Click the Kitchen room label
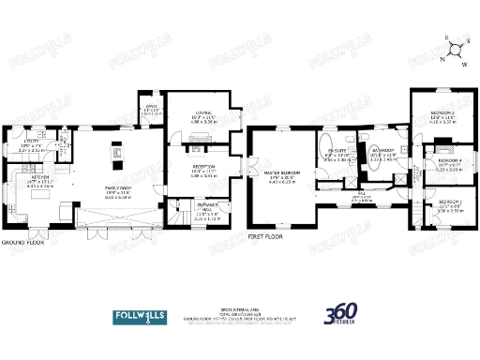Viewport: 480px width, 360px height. pos(38,176)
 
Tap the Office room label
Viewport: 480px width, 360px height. pos(149,107)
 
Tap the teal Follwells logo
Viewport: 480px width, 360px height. pos(147,315)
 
